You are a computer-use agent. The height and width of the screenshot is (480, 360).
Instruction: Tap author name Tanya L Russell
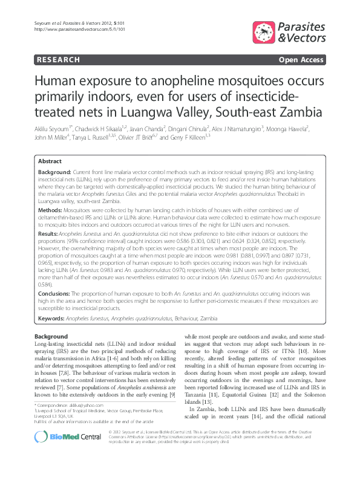tap(94, 138)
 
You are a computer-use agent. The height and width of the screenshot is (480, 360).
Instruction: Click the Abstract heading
tap(49, 161)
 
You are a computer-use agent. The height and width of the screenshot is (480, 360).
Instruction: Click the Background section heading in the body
tap(51, 336)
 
